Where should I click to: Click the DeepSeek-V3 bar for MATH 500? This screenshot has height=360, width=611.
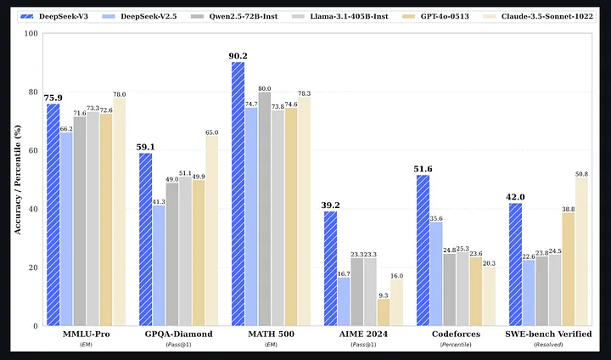click(238, 194)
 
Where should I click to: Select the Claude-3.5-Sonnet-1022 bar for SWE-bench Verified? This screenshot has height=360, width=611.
click(582, 251)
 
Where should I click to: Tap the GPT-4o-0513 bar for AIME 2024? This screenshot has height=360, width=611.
click(384, 312)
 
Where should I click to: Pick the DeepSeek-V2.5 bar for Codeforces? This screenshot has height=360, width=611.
click(436, 273)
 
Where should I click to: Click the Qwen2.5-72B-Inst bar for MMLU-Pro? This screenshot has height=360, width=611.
click(80, 221)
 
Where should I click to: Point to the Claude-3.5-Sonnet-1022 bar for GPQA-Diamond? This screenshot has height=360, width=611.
click(211, 230)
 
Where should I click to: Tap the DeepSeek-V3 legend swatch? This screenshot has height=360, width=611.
click(26, 16)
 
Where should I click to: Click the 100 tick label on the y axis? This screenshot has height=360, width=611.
click(31, 34)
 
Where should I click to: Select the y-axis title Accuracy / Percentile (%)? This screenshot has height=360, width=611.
click(18, 179)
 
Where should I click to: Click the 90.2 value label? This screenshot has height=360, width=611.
click(238, 56)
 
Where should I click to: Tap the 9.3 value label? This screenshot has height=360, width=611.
click(384, 295)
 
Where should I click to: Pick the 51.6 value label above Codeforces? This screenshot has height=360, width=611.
click(423, 169)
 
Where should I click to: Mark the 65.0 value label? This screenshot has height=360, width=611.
click(211, 132)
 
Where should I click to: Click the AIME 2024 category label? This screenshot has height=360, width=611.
click(363, 334)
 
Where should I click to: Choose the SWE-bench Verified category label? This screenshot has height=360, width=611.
click(548, 334)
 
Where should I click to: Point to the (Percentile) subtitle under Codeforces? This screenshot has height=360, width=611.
click(456, 345)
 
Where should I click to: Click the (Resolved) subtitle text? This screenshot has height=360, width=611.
click(548, 345)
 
